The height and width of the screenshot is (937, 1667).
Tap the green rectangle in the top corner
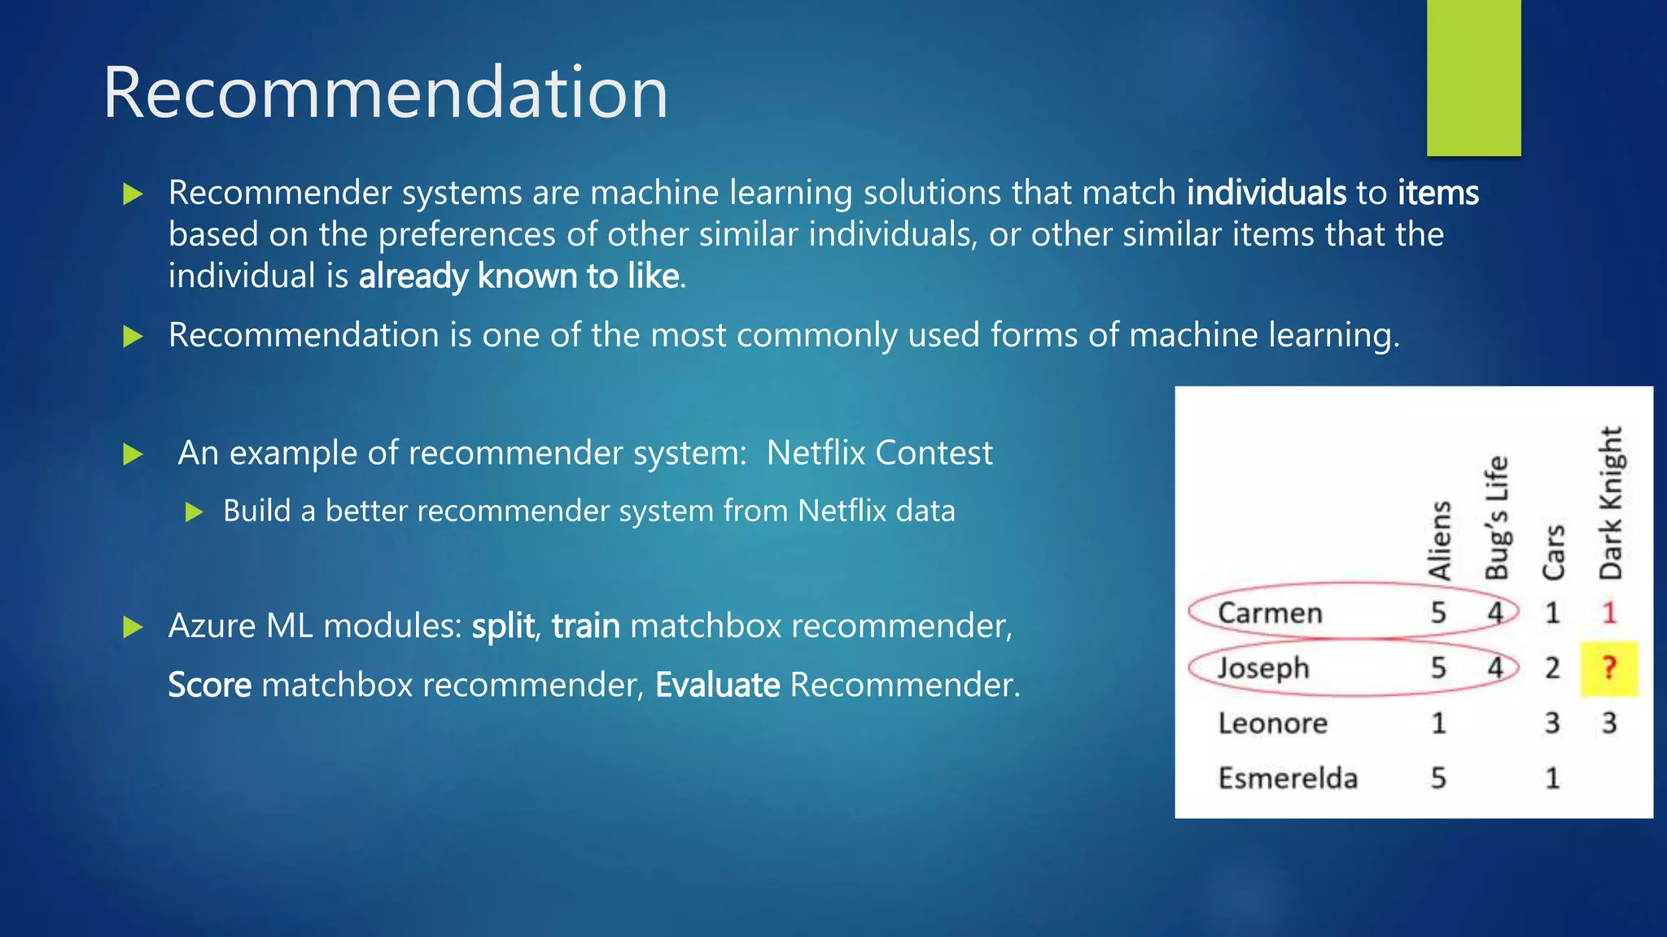coord(1473,77)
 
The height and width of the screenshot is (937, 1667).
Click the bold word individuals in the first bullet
coord(1266,193)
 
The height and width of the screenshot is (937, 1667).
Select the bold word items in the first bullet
coord(1437,193)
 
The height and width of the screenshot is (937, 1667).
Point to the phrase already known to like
coord(518,277)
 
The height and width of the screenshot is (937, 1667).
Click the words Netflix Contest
coord(879,453)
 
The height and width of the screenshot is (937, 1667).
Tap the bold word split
coord(503,626)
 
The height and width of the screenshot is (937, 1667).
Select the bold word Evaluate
coord(717,685)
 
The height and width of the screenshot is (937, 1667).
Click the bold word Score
coord(209,685)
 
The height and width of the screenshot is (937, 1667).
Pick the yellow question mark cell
coord(1608,669)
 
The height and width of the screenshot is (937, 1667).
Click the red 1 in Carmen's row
coord(1608,612)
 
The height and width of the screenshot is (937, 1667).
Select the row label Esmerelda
coord(1288,778)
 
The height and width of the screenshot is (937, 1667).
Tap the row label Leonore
coord(1272,723)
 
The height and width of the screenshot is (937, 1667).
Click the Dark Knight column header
coord(1610,503)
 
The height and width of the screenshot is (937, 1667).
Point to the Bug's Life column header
coord(1496,517)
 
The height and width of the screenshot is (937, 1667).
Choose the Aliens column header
coord(1439,540)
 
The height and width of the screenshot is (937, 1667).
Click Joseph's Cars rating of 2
coord(1552,669)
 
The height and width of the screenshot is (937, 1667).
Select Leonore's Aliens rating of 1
coord(1438,723)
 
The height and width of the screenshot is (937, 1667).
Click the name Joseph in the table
coord(1263,669)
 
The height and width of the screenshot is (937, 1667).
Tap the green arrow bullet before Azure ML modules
coord(133,627)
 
